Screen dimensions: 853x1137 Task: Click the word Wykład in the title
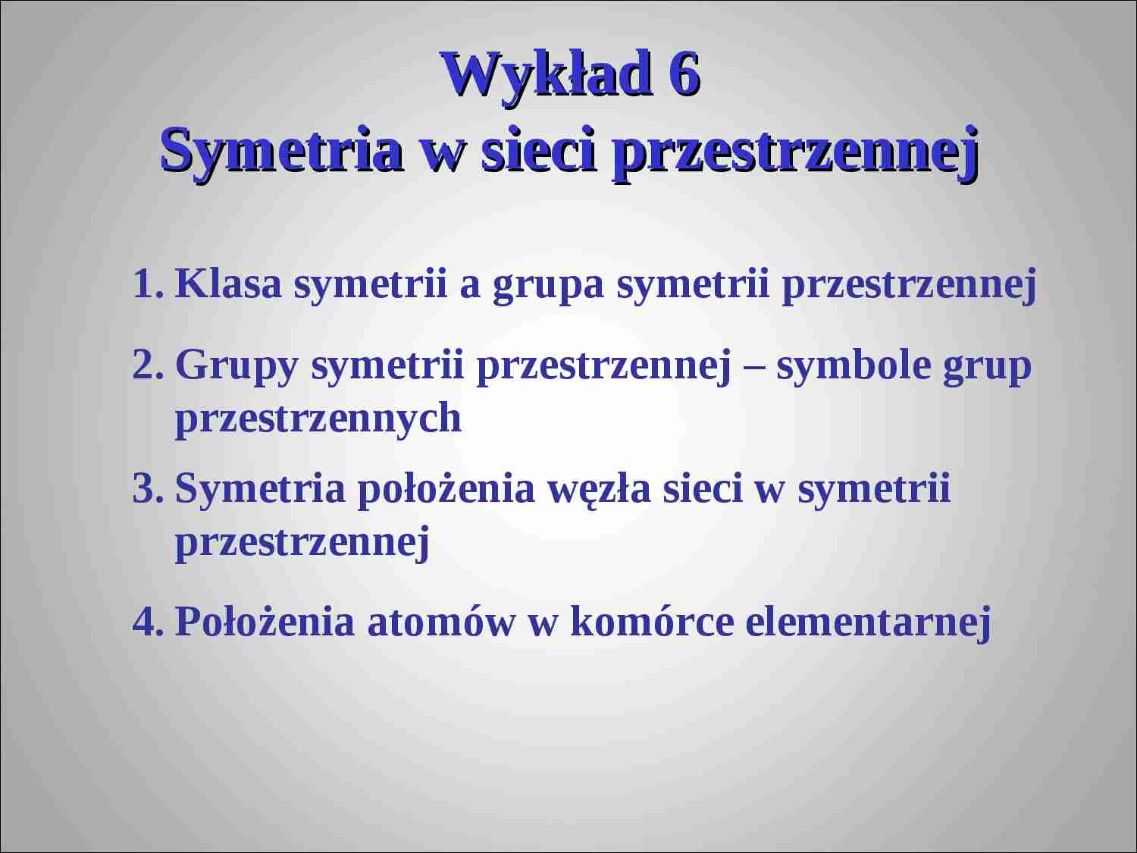pos(547,75)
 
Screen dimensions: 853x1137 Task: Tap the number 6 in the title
pos(684,75)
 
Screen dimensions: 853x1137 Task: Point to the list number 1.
pos(147,284)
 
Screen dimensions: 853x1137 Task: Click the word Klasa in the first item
pos(228,284)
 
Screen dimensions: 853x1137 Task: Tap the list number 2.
pos(147,365)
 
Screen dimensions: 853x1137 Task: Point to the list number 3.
pos(147,489)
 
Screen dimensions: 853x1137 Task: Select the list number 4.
pos(147,622)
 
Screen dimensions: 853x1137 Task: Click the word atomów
pos(440,622)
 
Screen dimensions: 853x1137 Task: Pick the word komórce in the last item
pos(652,622)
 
